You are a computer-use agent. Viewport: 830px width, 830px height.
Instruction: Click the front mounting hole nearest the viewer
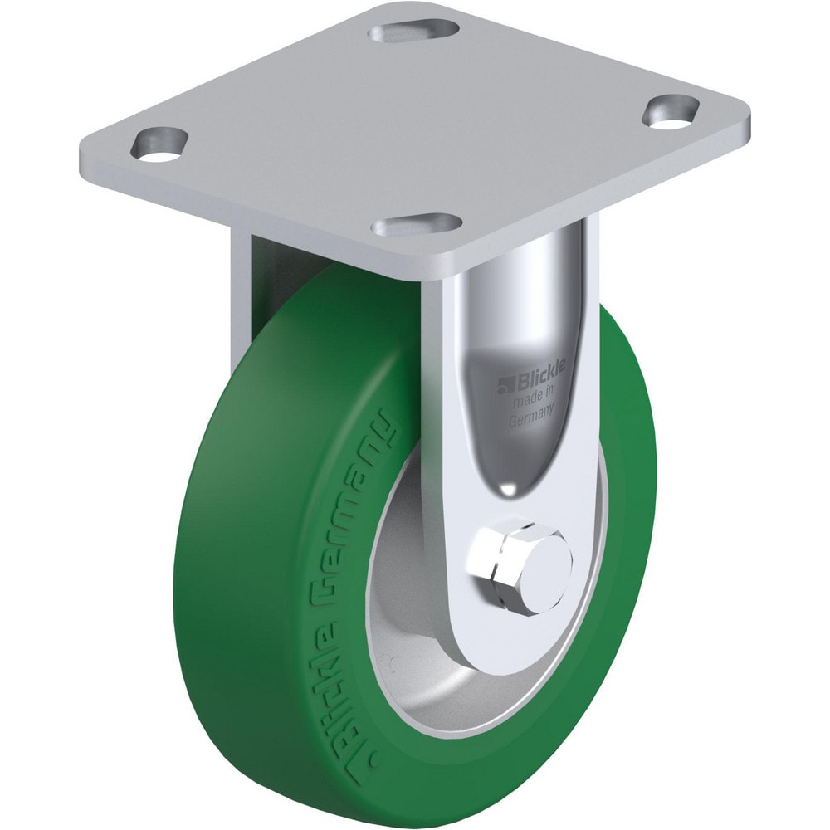[x=417, y=225]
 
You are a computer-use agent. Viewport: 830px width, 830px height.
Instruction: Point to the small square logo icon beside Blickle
[x=502, y=383]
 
